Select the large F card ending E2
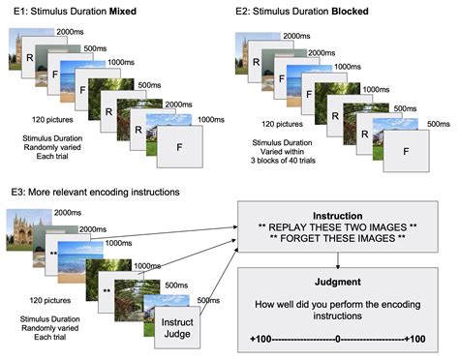point(408,150)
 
